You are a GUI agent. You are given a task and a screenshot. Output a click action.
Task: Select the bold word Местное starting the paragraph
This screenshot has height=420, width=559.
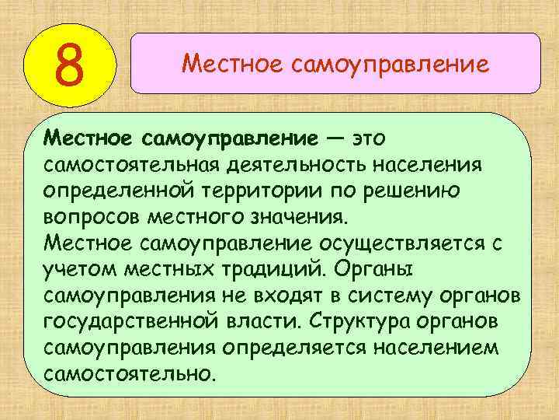(x=90, y=138)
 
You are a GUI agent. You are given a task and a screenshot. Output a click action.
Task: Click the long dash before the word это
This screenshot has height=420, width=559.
(x=335, y=138)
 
